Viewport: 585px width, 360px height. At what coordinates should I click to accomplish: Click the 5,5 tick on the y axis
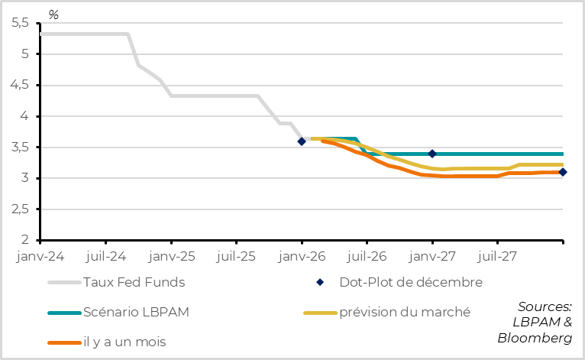point(20,24)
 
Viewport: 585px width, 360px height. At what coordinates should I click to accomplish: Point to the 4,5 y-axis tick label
point(20,86)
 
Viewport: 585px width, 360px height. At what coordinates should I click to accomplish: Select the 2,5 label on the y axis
point(20,209)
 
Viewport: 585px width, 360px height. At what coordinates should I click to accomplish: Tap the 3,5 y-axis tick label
point(20,148)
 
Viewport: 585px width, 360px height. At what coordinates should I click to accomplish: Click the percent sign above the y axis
point(53,15)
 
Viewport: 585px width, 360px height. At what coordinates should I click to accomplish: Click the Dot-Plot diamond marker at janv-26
point(302,141)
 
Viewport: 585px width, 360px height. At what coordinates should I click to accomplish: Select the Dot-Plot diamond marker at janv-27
point(432,154)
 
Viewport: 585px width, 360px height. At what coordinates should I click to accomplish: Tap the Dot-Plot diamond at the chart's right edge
point(563,172)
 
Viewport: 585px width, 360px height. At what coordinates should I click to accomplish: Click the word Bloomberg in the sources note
point(535,338)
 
